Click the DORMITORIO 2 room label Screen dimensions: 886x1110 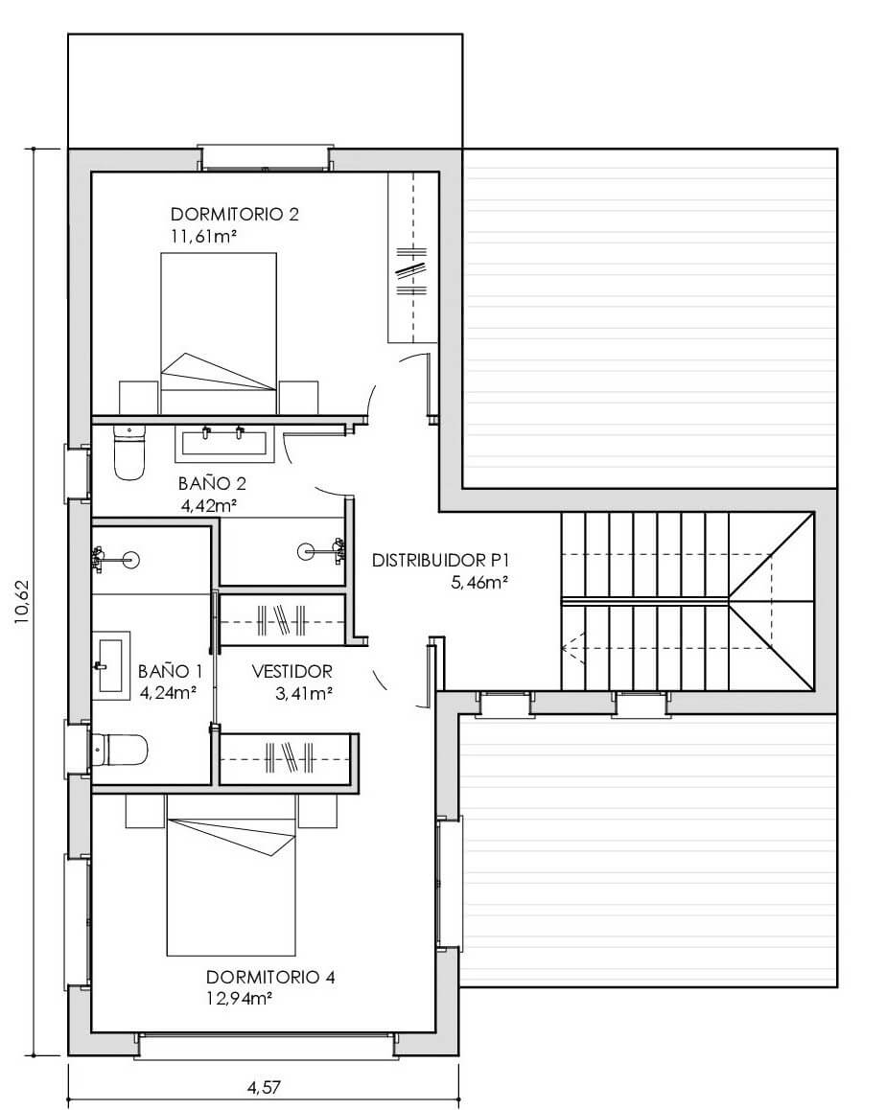coord(234,214)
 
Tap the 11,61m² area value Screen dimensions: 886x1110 coord(202,237)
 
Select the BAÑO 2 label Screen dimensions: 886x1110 coord(212,483)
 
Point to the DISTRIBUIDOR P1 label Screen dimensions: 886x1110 coord(440,561)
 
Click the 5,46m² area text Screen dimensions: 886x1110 coord(479,584)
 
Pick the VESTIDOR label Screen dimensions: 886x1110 coord(291,671)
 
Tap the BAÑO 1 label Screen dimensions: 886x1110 coord(170,670)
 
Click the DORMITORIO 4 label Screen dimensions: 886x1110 coord(269,977)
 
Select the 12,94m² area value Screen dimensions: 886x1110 coord(240,999)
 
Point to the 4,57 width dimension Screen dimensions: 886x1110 coord(264,1087)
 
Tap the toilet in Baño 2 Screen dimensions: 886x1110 coord(129,453)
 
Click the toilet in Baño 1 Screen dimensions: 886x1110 coord(121,750)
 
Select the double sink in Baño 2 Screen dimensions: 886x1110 coord(224,443)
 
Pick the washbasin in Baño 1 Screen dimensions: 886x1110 coord(112,665)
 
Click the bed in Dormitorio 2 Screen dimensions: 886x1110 coord(218,334)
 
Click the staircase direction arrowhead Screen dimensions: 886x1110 coord(569,647)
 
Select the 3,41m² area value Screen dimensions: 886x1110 coord(305,694)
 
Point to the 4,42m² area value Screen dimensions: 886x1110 coord(209,506)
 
